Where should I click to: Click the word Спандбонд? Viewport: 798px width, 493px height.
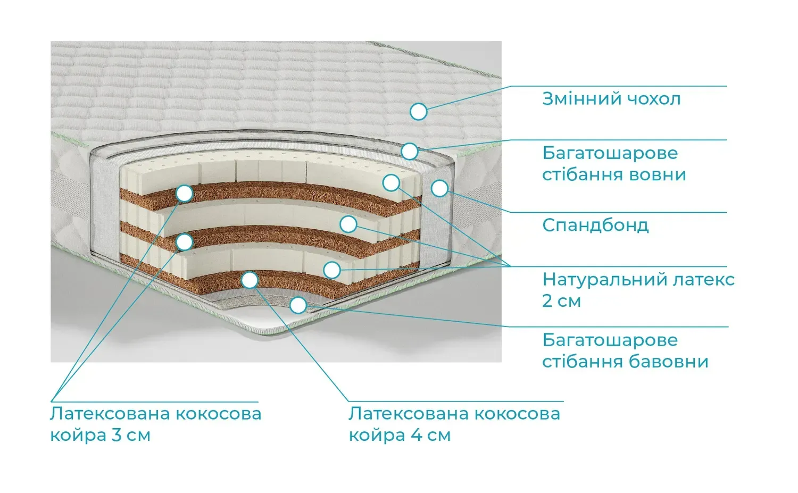click(595, 225)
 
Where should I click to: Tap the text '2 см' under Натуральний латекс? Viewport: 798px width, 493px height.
click(561, 301)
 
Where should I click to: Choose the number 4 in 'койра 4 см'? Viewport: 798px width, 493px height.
click(417, 435)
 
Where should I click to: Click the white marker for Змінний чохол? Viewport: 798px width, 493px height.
click(419, 112)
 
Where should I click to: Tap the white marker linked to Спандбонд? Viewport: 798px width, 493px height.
click(439, 188)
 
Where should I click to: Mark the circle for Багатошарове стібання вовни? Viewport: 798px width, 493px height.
click(410, 151)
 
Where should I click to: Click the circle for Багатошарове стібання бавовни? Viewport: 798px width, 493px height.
click(298, 305)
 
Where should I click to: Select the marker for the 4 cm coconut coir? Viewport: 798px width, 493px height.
click(250, 280)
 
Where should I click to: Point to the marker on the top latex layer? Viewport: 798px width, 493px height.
click(391, 183)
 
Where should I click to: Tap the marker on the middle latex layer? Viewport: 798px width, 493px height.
click(348, 224)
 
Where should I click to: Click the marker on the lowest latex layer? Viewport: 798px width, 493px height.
click(332, 270)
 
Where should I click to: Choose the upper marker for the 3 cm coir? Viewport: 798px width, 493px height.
click(184, 194)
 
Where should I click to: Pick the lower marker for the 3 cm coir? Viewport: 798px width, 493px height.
click(184, 243)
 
